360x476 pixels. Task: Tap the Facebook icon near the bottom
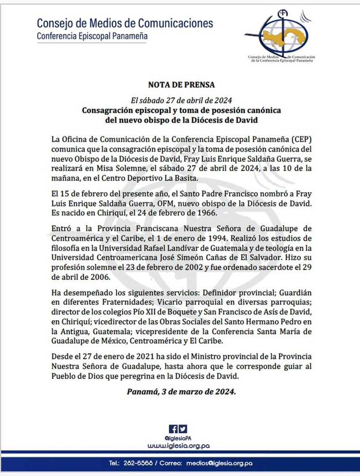(173, 429)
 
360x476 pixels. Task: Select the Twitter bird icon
(183, 429)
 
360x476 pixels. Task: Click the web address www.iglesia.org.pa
(179, 445)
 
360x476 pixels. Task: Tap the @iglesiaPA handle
(178, 438)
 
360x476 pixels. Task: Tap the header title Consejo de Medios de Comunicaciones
(125, 23)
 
